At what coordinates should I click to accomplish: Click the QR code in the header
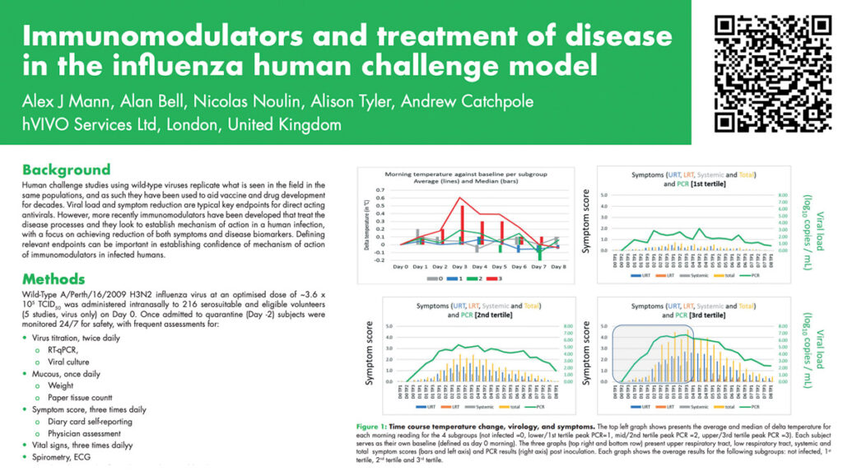[x=773, y=72]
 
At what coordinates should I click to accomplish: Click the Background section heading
[x=66, y=170]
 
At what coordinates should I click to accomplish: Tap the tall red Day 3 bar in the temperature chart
[x=462, y=224]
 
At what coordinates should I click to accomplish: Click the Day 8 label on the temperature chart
[x=557, y=267]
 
